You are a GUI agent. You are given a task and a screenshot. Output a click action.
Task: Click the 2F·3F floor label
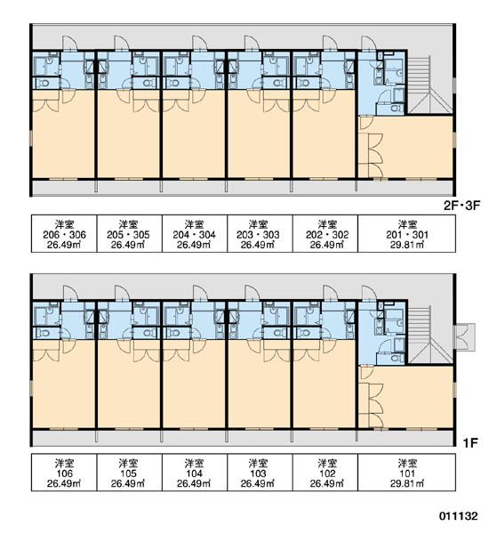(x=461, y=206)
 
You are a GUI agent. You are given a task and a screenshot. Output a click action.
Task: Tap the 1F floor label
(x=470, y=442)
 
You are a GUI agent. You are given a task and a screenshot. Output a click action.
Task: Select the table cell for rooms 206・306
(x=64, y=233)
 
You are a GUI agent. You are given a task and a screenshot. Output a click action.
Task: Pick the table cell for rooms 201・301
(x=406, y=233)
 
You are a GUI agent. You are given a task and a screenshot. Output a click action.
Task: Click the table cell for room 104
(x=195, y=473)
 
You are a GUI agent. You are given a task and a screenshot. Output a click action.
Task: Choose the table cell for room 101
(x=406, y=473)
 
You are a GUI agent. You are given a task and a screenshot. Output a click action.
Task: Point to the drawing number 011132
(x=458, y=516)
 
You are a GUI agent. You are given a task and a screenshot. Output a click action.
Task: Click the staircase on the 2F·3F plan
(x=430, y=85)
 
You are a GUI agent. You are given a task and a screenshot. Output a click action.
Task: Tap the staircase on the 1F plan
(x=430, y=336)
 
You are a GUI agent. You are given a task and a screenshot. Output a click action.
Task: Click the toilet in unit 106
(x=44, y=333)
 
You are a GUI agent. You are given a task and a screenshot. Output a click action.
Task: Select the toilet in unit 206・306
(x=44, y=83)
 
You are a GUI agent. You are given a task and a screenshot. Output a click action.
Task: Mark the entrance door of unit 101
(x=369, y=294)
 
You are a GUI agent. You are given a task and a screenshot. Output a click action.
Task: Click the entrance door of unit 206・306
(x=69, y=44)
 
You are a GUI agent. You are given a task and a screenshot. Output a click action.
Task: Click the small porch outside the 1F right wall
(x=465, y=337)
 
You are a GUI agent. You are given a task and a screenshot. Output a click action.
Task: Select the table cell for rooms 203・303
(x=260, y=233)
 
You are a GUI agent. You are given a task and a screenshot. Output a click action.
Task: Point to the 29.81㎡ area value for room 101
(x=407, y=483)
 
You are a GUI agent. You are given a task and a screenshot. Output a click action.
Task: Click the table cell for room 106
(x=64, y=473)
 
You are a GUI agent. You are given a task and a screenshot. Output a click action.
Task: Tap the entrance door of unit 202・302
(x=331, y=44)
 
